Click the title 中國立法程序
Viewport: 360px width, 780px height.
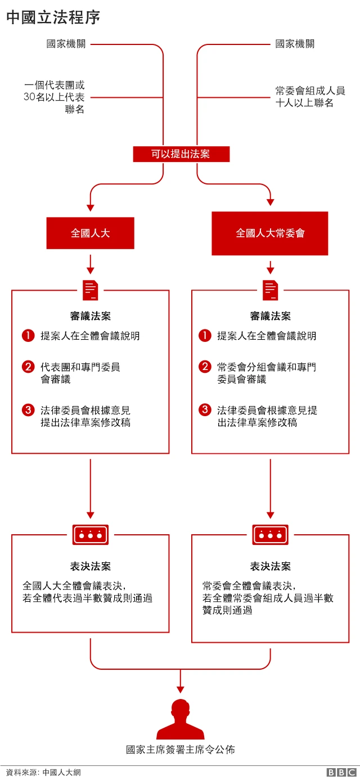[x=53, y=17]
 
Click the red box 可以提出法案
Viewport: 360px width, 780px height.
[x=181, y=154]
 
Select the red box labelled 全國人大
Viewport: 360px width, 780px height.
[x=90, y=233]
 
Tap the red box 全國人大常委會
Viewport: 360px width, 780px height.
[x=270, y=233]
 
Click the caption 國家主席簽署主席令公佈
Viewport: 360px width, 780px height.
[x=180, y=750]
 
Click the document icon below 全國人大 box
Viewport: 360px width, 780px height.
[x=91, y=290]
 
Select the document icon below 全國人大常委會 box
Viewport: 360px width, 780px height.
[x=271, y=290]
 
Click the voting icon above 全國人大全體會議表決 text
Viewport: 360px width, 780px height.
[x=91, y=535]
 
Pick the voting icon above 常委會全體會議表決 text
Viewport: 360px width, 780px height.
[x=271, y=535]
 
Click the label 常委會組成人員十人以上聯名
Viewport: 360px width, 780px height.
[x=310, y=97]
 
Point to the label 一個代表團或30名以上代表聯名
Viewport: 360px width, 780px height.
[x=55, y=97]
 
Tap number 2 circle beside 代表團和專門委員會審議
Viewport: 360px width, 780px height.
[x=28, y=367]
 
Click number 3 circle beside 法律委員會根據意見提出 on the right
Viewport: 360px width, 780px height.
[x=205, y=410]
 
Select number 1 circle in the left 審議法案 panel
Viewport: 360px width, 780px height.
[x=28, y=336]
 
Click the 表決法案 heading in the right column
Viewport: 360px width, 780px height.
[x=271, y=566]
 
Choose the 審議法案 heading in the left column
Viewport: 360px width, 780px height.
[x=91, y=316]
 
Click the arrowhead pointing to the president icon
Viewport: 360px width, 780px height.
[x=180, y=689]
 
